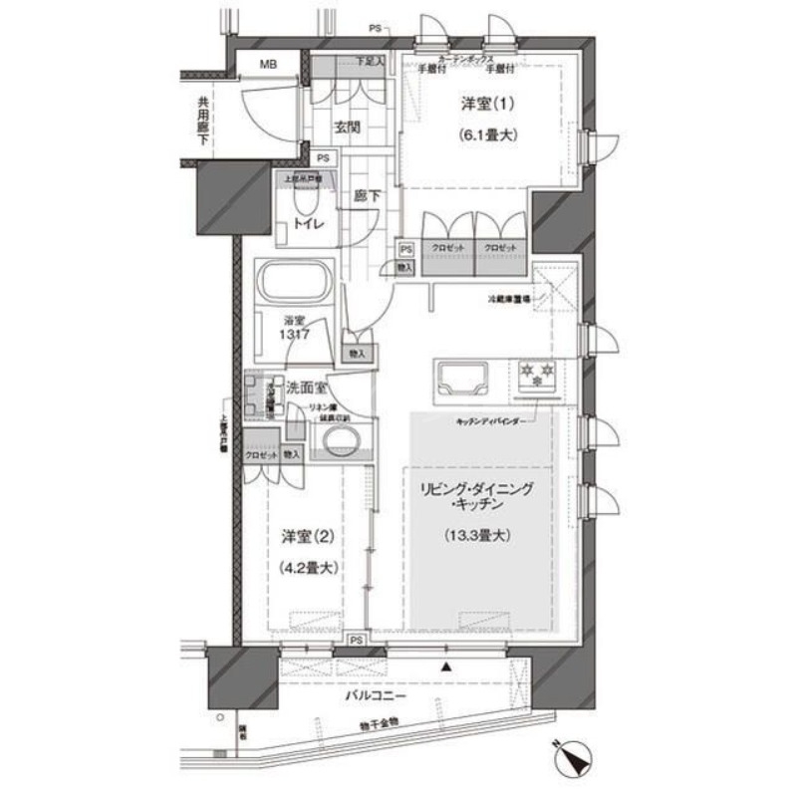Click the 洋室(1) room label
tap(485, 104)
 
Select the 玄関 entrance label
tap(347, 128)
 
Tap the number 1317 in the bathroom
tap(293, 336)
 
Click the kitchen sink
tap(458, 378)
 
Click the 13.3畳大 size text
tap(477, 536)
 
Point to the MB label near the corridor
tap(269, 66)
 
